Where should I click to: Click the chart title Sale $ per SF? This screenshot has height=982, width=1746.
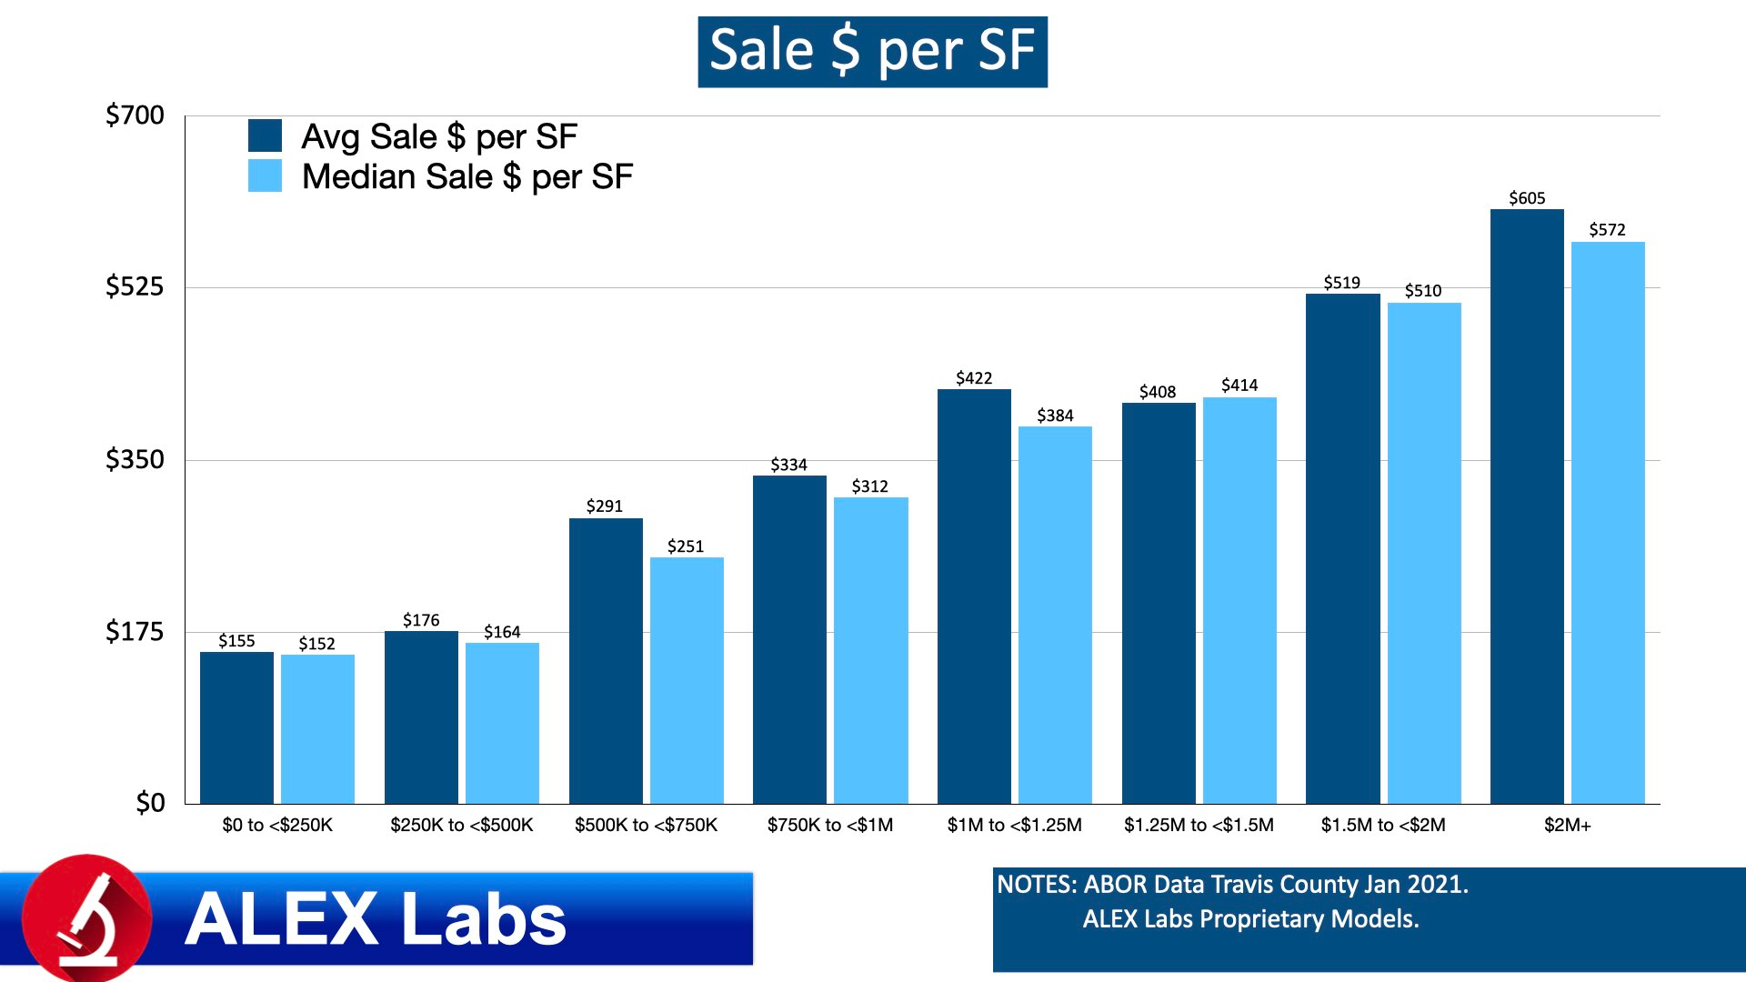pyautogui.click(x=872, y=51)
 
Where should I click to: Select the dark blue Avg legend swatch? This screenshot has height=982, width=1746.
pyautogui.click(x=265, y=135)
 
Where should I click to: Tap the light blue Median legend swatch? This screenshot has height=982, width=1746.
pyautogui.click(x=265, y=175)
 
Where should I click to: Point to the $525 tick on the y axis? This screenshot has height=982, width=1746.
pyautogui.click(x=135, y=286)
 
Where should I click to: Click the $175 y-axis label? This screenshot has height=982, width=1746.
pyautogui.click(x=135, y=631)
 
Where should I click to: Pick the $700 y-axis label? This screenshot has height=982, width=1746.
pyautogui.click(x=135, y=115)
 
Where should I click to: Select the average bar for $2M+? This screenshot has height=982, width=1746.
pyautogui.click(x=1527, y=506)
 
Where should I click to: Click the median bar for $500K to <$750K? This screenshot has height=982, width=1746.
pyautogui.click(x=687, y=680)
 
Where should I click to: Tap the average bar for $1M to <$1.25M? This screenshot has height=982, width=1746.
pyautogui.click(x=974, y=596)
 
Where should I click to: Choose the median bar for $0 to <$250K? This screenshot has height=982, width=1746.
pyautogui.click(x=317, y=728)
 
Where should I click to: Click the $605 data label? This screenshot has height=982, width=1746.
pyautogui.click(x=1527, y=198)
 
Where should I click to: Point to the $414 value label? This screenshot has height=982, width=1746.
pyautogui.click(x=1239, y=386)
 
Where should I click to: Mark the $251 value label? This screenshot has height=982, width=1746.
pyautogui.click(x=686, y=546)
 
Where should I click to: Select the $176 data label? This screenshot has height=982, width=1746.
pyautogui.click(x=421, y=620)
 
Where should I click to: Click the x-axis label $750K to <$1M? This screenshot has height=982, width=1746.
pyautogui.click(x=830, y=825)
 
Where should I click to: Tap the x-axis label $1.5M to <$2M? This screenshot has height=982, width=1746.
pyautogui.click(x=1383, y=825)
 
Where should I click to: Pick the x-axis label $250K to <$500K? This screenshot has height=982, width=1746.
pyautogui.click(x=462, y=825)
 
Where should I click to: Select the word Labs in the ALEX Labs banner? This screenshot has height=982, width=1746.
pyautogui.click(x=483, y=919)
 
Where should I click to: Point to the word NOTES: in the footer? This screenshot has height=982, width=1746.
pyautogui.click(x=1037, y=885)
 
